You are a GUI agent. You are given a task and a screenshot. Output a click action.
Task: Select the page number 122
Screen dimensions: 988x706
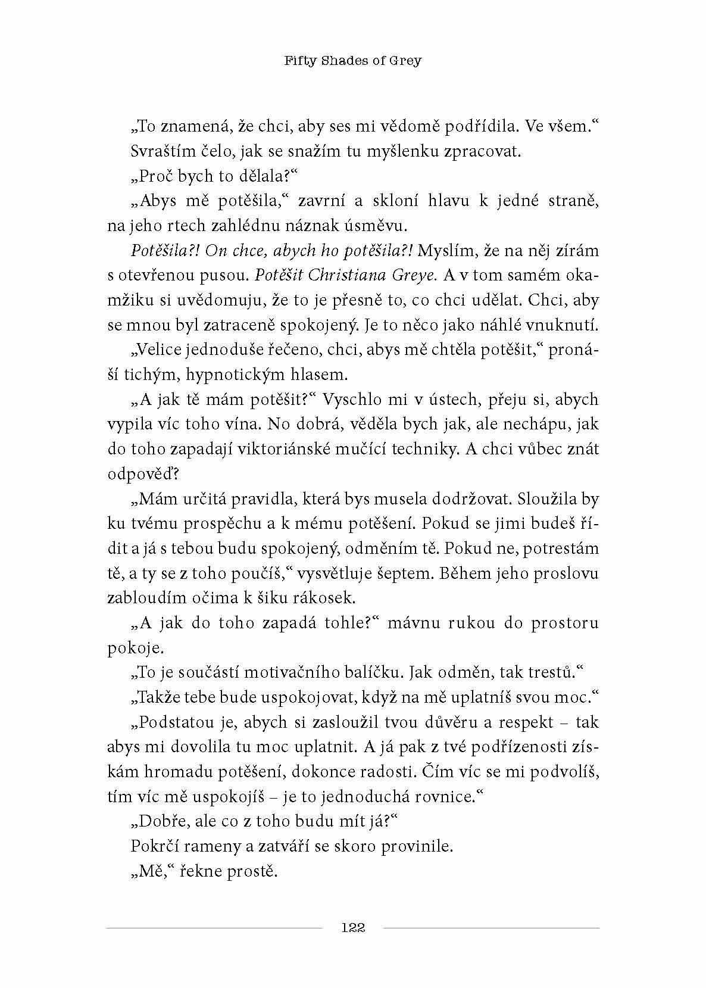point(352,927)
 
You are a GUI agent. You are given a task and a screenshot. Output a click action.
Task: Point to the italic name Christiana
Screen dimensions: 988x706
point(341,275)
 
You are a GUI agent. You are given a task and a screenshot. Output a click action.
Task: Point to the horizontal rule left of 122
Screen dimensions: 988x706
point(214,928)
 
